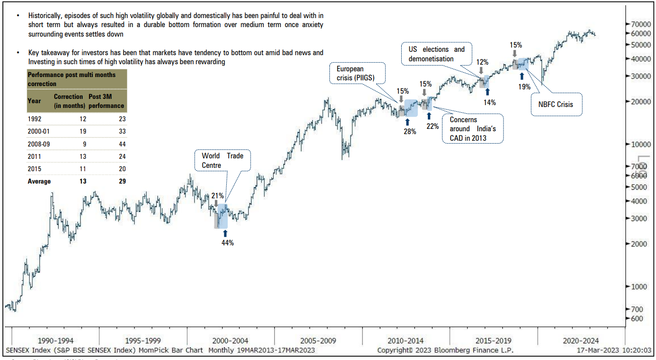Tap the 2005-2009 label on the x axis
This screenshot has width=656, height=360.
[x=318, y=341]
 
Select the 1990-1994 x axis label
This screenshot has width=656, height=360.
[x=56, y=341]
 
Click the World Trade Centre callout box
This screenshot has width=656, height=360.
[x=222, y=160]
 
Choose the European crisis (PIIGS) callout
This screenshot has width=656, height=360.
[x=358, y=73]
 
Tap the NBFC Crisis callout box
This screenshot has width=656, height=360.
[x=557, y=104]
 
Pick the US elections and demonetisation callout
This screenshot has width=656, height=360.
[x=436, y=54]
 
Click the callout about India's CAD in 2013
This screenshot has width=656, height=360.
[x=473, y=129]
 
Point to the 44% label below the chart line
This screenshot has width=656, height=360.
[x=228, y=243]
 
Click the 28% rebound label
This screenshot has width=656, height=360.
[x=410, y=131]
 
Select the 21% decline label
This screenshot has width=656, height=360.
[x=217, y=195]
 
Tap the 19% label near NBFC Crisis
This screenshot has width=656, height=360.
[x=524, y=87]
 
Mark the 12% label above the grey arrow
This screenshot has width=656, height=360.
[x=482, y=62]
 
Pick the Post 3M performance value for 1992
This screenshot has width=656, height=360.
[x=122, y=119]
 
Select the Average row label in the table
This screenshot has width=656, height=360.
[x=39, y=181]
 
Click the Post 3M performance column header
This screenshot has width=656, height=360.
[x=106, y=101]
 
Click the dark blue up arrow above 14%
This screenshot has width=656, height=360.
[x=487, y=91]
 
